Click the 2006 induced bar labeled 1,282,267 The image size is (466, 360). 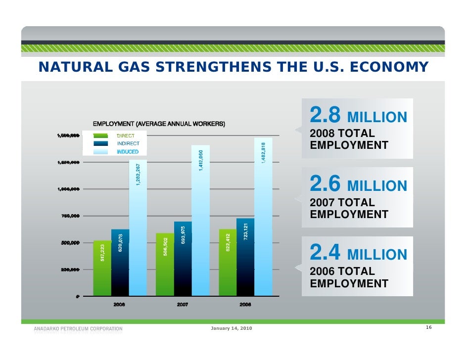(x=138, y=232)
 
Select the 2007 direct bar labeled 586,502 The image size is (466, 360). (x=165, y=267)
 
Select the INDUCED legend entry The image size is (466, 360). (x=127, y=152)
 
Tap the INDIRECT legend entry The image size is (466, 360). (x=128, y=144)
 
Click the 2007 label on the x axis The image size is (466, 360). (x=183, y=305)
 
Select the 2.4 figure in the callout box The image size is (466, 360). (x=325, y=253)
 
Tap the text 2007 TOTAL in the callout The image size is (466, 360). (x=342, y=203)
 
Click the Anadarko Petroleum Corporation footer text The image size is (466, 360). (x=78, y=328)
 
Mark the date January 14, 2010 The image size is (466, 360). (x=231, y=329)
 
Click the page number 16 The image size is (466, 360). (x=428, y=328)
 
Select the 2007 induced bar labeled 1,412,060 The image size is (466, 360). (x=201, y=223)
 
